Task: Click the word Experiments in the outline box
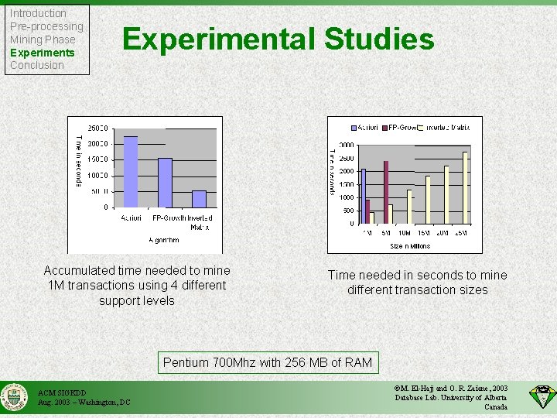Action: [x=42, y=53]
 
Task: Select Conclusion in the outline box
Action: [x=36, y=66]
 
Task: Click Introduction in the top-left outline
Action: [x=38, y=13]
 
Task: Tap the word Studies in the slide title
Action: [x=379, y=39]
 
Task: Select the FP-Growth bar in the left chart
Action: [x=165, y=183]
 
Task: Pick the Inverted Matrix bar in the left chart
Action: [x=200, y=199]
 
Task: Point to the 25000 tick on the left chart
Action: [x=97, y=128]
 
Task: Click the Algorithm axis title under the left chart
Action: [x=163, y=240]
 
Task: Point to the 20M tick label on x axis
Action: [x=443, y=232]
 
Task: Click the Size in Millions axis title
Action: [x=410, y=246]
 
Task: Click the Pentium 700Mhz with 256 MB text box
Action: [x=268, y=362]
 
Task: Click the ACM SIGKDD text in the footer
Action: [x=59, y=392]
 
